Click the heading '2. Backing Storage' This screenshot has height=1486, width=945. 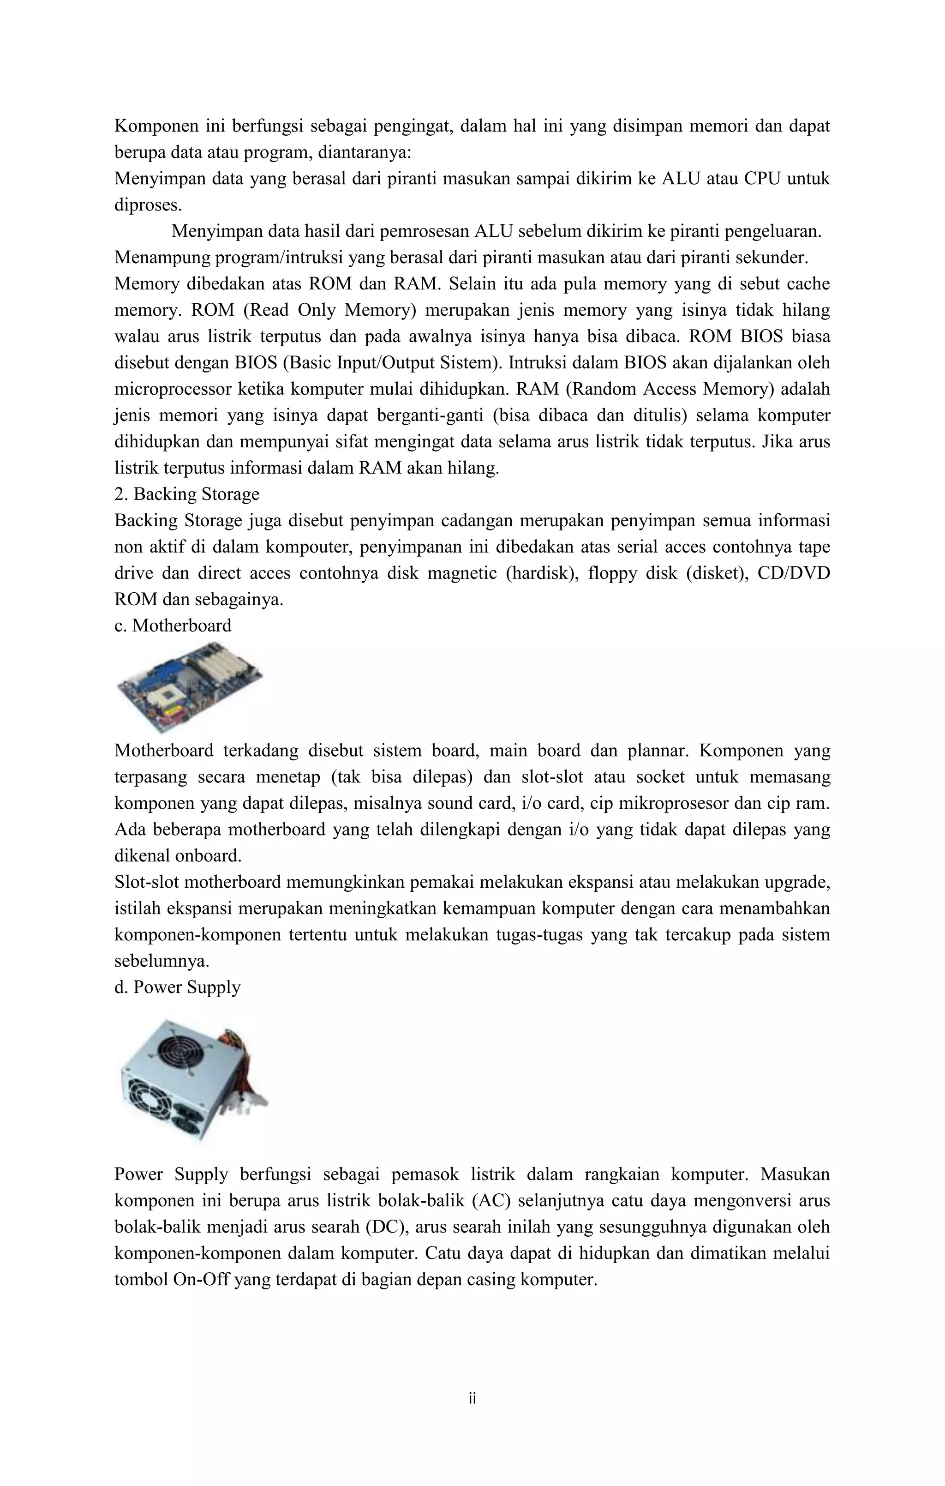pos(187,494)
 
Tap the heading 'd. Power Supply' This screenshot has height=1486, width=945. pos(178,987)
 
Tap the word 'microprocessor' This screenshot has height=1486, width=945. pos(170,390)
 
